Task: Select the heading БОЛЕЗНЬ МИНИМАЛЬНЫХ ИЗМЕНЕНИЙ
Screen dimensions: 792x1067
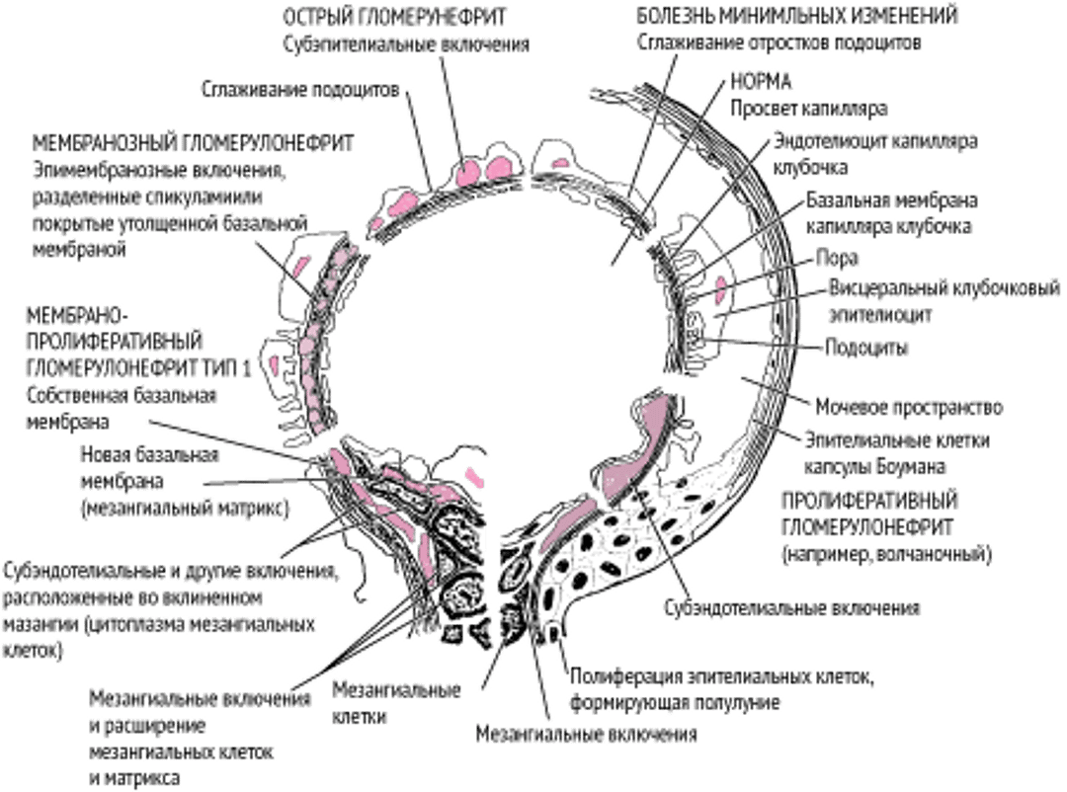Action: click(798, 16)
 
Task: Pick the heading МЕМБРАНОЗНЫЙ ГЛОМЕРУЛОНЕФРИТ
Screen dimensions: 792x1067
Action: click(194, 142)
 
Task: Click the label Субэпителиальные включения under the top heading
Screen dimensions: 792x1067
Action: click(406, 43)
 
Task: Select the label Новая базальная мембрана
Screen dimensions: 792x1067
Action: click(149, 470)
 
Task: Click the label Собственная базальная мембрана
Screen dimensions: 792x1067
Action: click(119, 408)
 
